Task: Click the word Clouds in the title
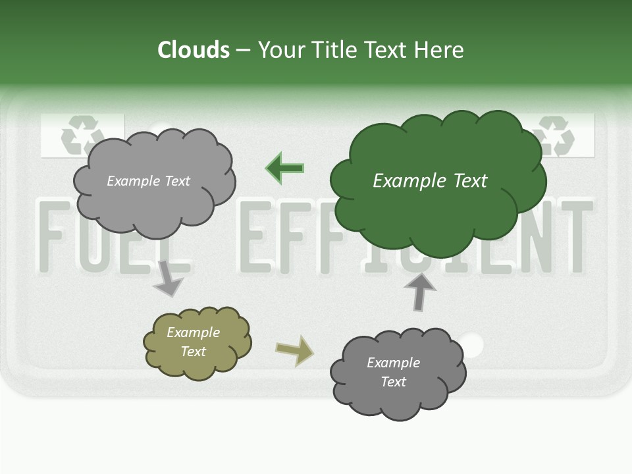point(194,50)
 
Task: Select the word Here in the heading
point(440,50)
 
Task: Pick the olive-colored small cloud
point(197,342)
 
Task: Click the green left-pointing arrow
point(285,169)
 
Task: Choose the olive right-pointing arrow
point(295,350)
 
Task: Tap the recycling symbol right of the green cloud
point(557,136)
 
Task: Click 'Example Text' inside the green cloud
point(430,181)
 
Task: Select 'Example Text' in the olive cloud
point(194,342)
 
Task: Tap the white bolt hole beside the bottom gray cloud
point(471,344)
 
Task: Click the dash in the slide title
point(243,51)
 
